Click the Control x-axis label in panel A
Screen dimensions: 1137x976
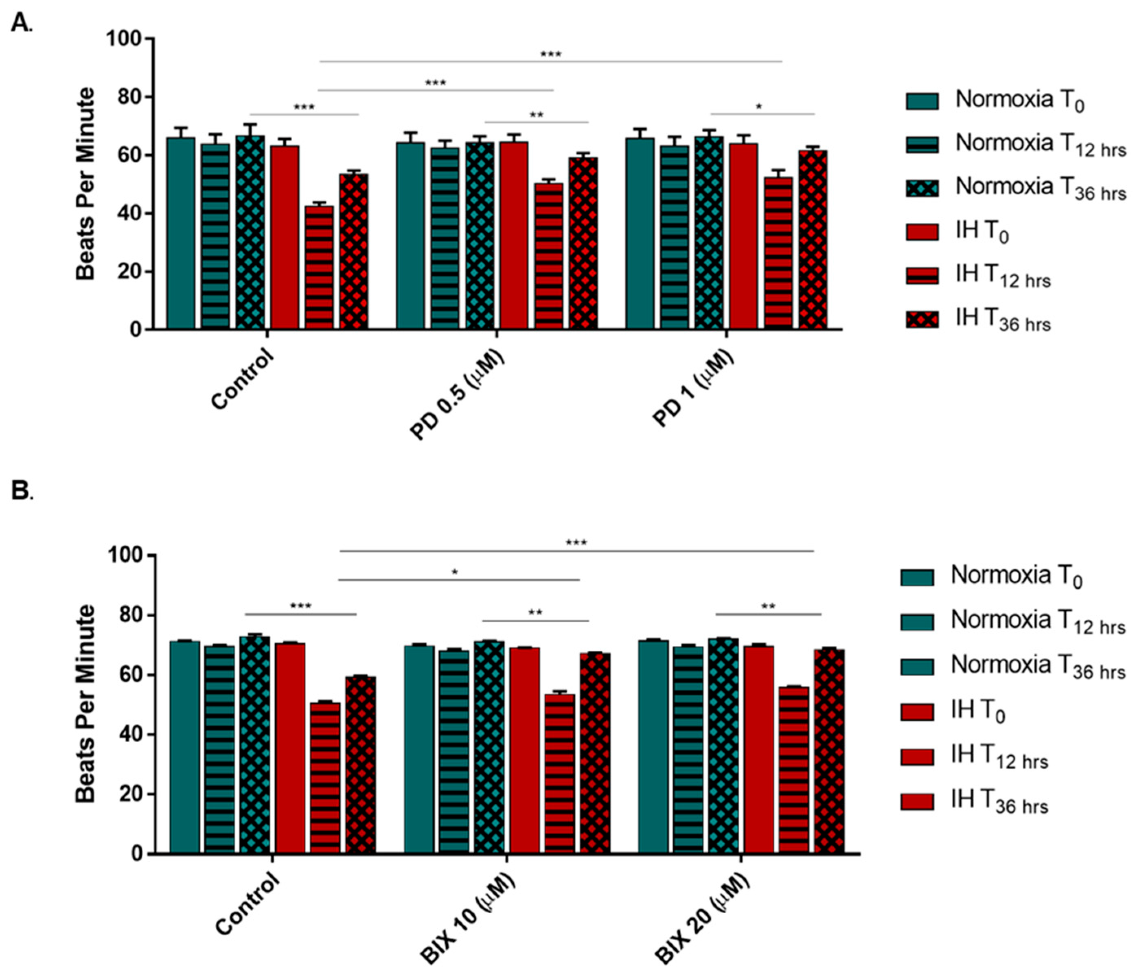coord(242,379)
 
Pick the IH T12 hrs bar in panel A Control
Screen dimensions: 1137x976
coord(319,268)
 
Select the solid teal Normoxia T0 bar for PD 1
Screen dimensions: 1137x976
coord(640,233)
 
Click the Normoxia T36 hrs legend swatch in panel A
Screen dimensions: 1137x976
coord(922,188)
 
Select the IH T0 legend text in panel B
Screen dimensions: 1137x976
coord(978,712)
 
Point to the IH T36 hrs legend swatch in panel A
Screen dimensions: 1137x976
coord(922,320)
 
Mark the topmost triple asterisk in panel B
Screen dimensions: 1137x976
coord(576,543)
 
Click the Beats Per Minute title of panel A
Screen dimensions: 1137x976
coord(85,184)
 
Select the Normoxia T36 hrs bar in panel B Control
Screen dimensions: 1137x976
coord(255,744)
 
